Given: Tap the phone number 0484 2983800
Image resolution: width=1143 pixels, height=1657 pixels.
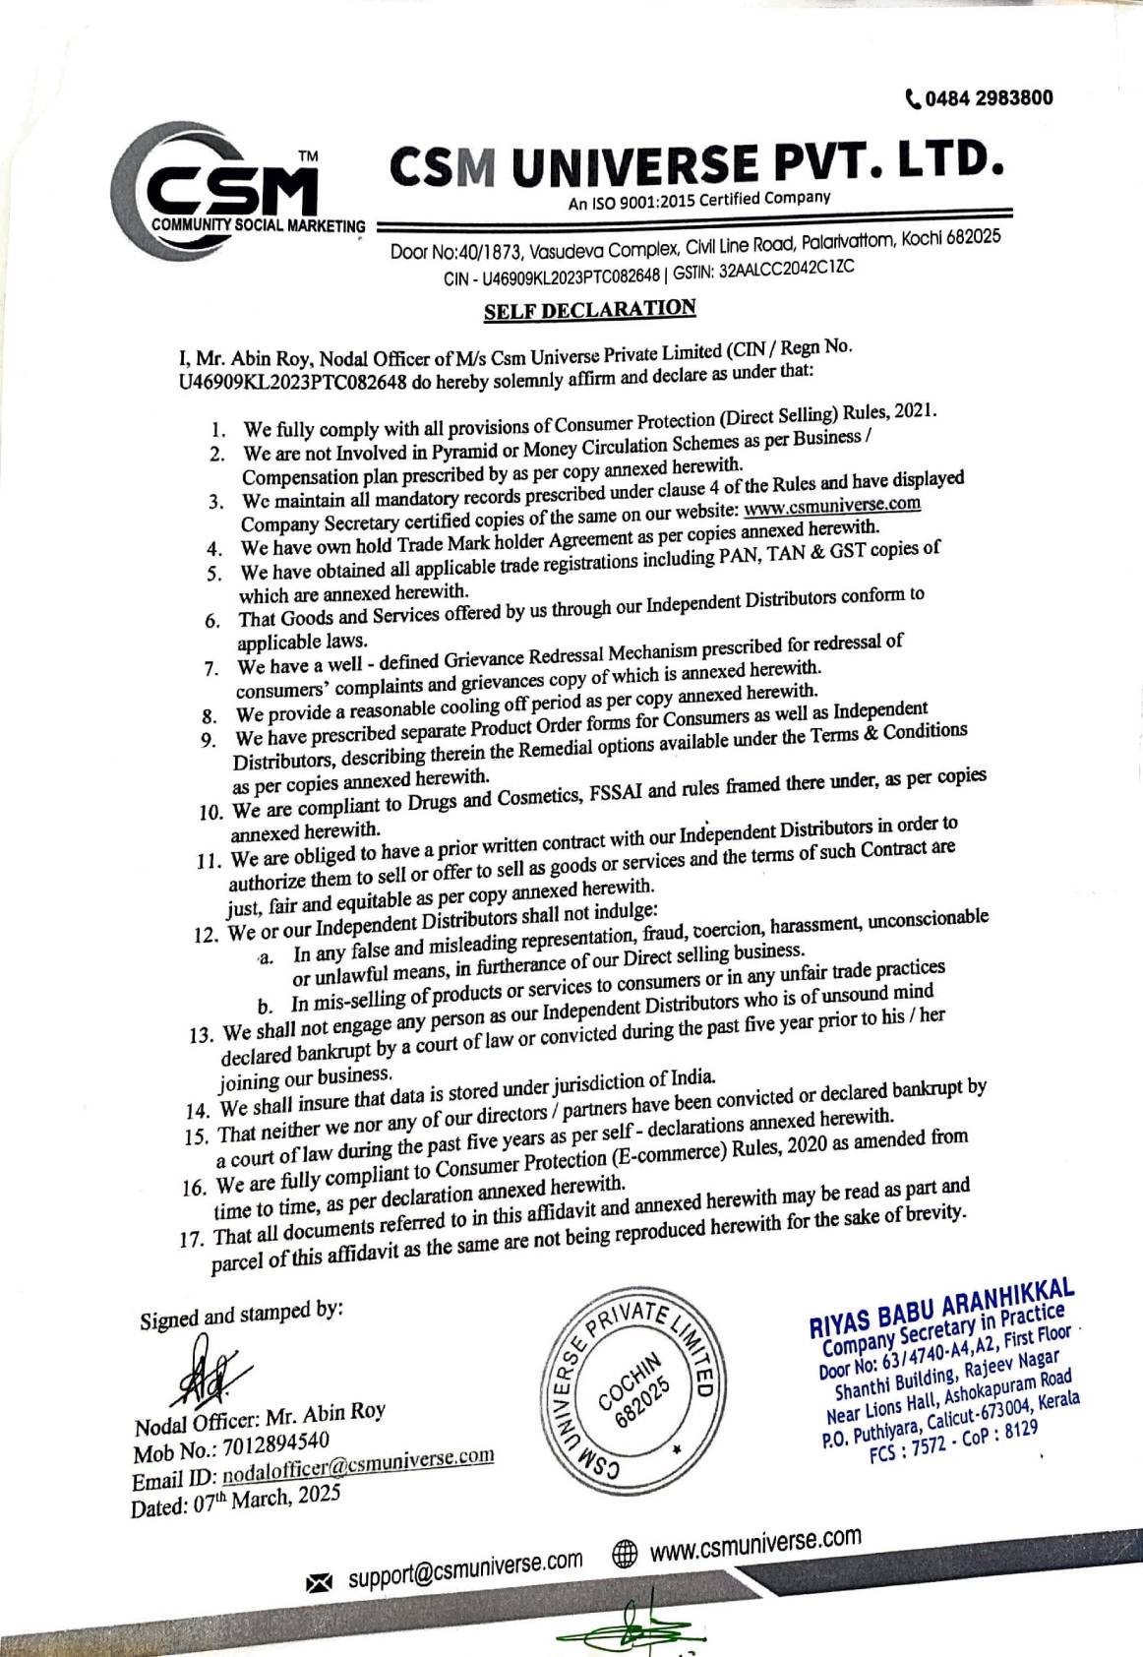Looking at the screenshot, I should pyautogui.click(x=988, y=97).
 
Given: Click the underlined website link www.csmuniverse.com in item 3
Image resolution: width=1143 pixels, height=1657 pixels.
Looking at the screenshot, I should pyautogui.click(x=831, y=506).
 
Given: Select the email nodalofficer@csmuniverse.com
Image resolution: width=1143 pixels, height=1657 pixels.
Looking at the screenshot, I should pyautogui.click(x=358, y=1465).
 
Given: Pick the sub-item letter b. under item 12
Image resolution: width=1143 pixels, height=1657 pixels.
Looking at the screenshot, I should pyautogui.click(x=265, y=1007).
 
